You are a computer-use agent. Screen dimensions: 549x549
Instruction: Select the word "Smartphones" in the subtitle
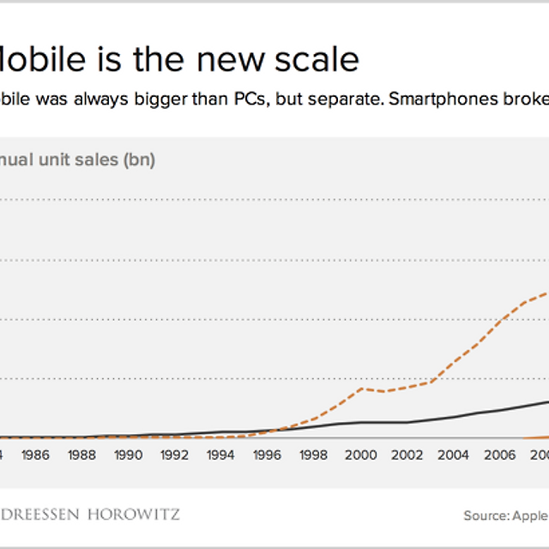tap(439, 98)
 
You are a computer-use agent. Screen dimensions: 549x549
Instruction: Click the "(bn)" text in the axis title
tap(140, 160)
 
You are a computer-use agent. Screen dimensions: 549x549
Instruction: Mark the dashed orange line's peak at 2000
tap(361, 389)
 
